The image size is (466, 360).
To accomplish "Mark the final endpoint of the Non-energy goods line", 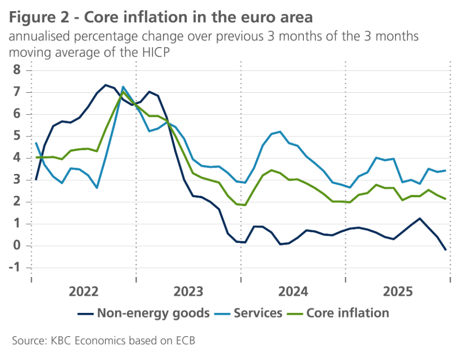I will [446, 250].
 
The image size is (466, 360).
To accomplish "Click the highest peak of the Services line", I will [123, 87].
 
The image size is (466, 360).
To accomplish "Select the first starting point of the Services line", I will [37, 143].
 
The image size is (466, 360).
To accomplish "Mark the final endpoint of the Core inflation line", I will [446, 199].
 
